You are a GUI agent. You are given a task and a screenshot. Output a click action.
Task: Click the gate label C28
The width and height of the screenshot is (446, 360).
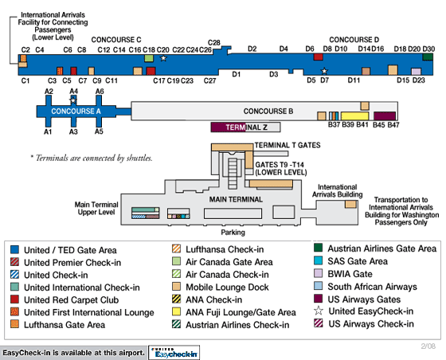(x=214, y=43)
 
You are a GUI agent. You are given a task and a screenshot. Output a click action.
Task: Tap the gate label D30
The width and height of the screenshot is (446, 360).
(x=428, y=49)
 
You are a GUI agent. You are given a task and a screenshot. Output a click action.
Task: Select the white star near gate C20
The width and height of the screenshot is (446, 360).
(x=163, y=58)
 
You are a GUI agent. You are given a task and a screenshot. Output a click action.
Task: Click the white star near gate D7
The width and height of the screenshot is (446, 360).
(x=324, y=71)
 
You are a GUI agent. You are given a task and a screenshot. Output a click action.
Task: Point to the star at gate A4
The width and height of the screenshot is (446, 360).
(x=73, y=100)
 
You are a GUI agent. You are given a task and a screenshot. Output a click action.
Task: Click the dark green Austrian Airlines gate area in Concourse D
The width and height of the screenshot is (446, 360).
(x=428, y=57)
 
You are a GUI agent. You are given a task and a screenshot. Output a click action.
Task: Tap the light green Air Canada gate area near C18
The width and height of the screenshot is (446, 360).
(x=149, y=58)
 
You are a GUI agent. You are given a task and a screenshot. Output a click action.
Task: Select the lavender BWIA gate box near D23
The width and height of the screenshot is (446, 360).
(x=416, y=72)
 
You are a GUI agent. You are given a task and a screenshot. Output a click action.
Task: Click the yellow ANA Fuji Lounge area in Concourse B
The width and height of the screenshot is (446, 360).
(x=354, y=116)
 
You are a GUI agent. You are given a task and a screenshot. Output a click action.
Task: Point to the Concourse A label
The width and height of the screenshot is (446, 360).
(x=76, y=111)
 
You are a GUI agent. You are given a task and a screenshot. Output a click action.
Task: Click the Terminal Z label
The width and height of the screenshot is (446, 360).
(x=246, y=127)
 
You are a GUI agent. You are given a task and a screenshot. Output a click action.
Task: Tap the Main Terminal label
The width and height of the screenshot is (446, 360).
(x=236, y=199)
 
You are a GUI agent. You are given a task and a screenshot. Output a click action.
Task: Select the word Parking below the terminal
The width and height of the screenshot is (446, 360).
(x=233, y=233)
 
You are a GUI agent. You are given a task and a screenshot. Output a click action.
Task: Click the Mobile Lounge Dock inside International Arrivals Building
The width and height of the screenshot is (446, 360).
(x=350, y=204)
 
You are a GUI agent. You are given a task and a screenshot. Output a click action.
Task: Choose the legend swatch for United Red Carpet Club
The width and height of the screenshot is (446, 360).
(x=14, y=299)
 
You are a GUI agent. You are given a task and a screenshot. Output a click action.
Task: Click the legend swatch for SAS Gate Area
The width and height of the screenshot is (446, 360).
(x=319, y=260)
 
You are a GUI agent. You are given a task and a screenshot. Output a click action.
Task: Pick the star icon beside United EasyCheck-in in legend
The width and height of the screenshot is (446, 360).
(x=319, y=311)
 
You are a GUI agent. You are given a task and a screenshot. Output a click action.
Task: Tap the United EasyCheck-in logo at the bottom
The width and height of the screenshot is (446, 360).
(x=174, y=353)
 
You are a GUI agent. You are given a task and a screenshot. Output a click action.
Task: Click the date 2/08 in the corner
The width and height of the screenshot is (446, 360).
(x=428, y=346)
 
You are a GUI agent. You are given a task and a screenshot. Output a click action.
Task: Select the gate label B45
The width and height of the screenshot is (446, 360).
(x=378, y=124)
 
